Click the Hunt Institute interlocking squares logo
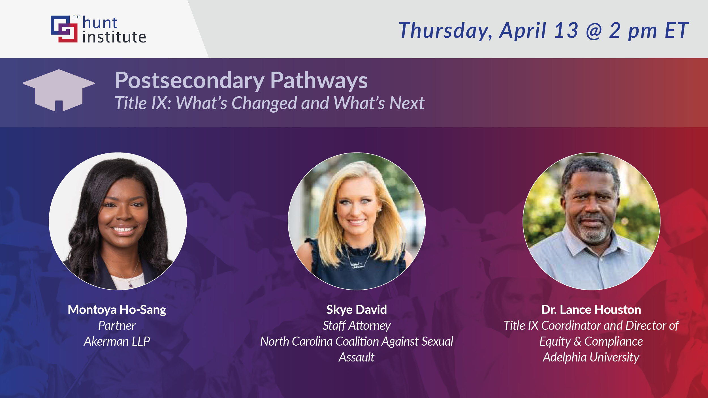click(64, 29)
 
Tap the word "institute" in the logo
click(114, 37)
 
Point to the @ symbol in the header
click(594, 31)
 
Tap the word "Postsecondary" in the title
click(189, 81)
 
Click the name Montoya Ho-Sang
click(117, 310)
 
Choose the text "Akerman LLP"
click(117, 341)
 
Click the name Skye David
click(356, 310)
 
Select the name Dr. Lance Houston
click(591, 310)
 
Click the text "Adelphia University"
click(591, 357)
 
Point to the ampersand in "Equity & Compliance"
click(577, 341)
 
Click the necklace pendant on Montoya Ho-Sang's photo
click(131, 286)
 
